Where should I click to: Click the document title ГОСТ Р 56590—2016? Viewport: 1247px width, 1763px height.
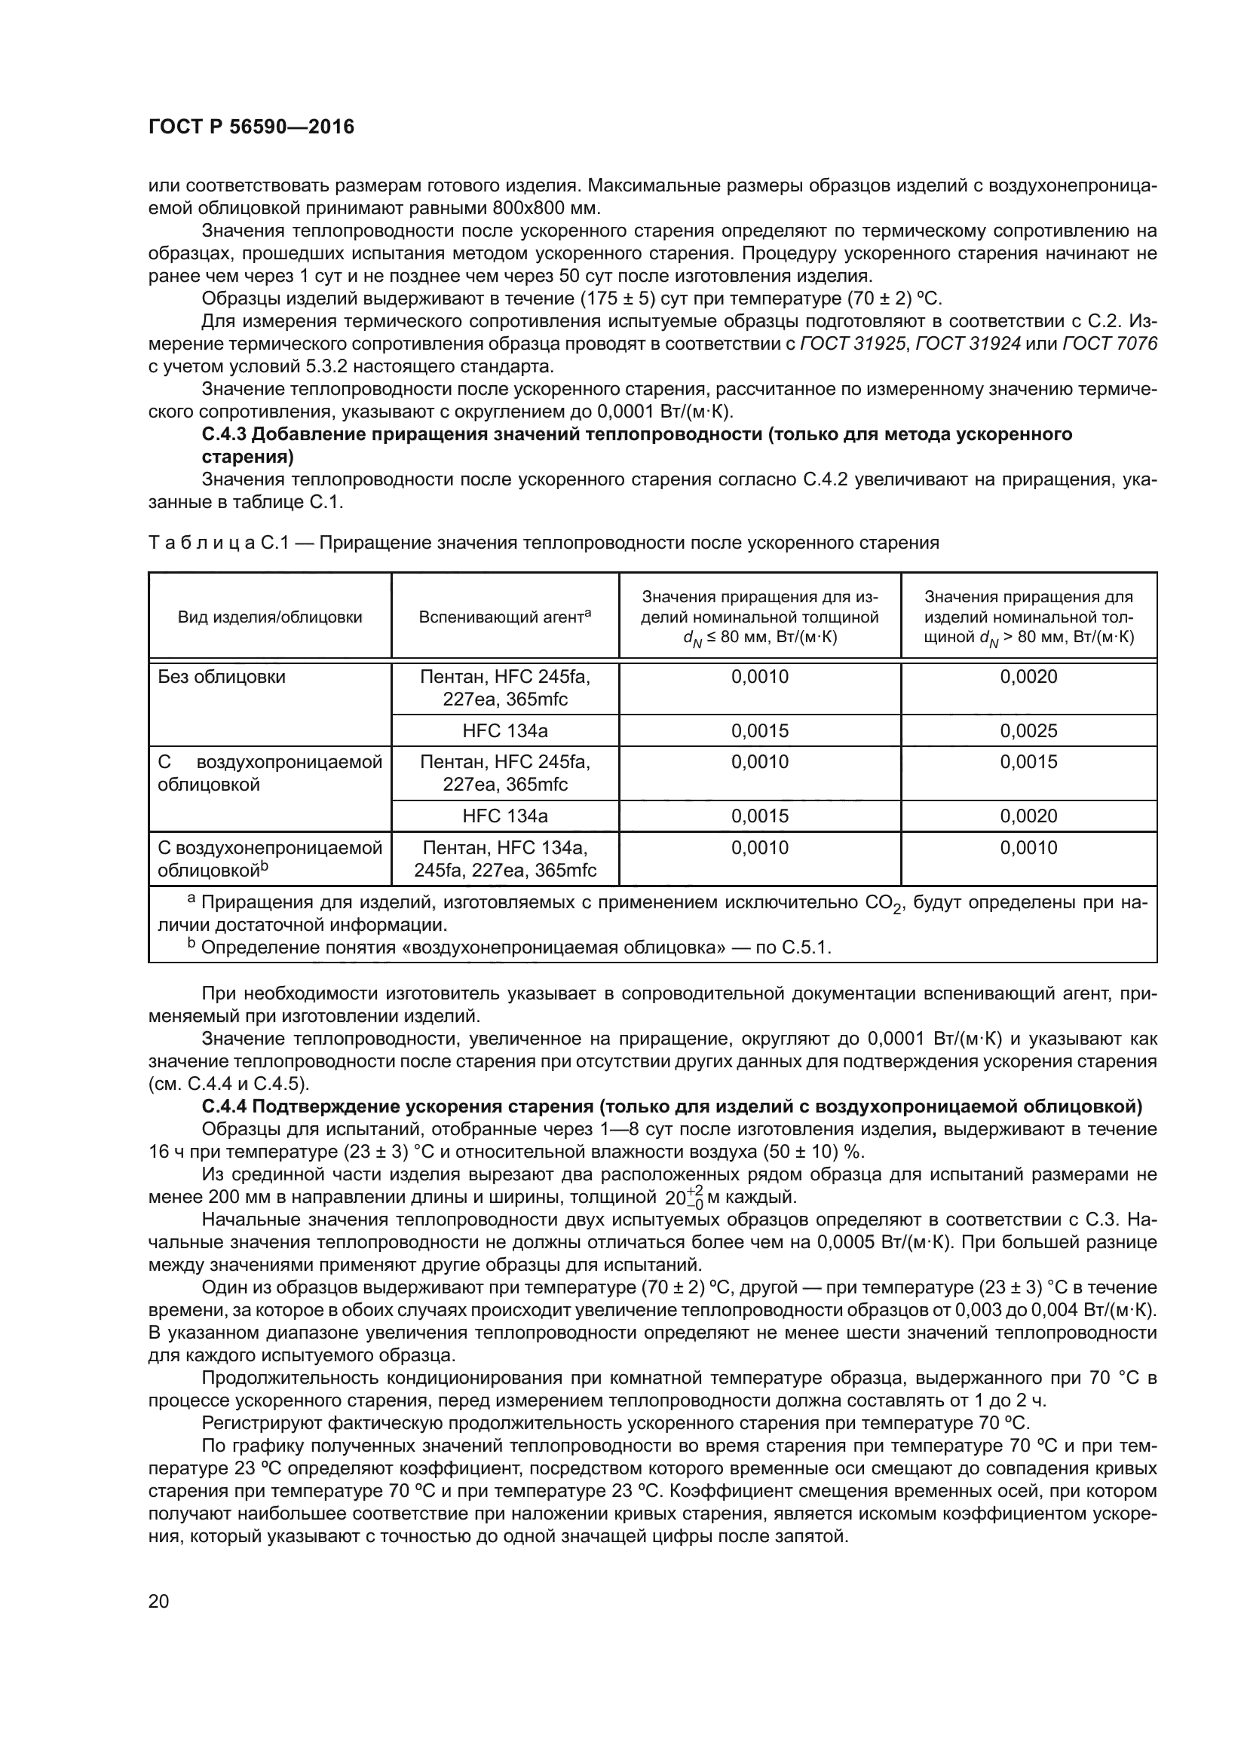point(251,127)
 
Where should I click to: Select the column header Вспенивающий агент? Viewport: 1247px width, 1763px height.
point(504,617)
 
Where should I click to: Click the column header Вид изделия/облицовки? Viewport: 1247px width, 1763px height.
point(271,617)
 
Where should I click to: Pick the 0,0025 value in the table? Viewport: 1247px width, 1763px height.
point(1028,731)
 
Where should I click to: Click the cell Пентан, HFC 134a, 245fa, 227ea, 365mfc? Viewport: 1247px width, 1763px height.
point(504,859)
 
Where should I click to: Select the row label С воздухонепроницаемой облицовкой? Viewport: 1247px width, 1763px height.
point(269,859)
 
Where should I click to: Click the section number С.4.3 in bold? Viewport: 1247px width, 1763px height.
point(223,435)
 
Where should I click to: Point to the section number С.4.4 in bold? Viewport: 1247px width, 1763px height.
point(223,1106)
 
